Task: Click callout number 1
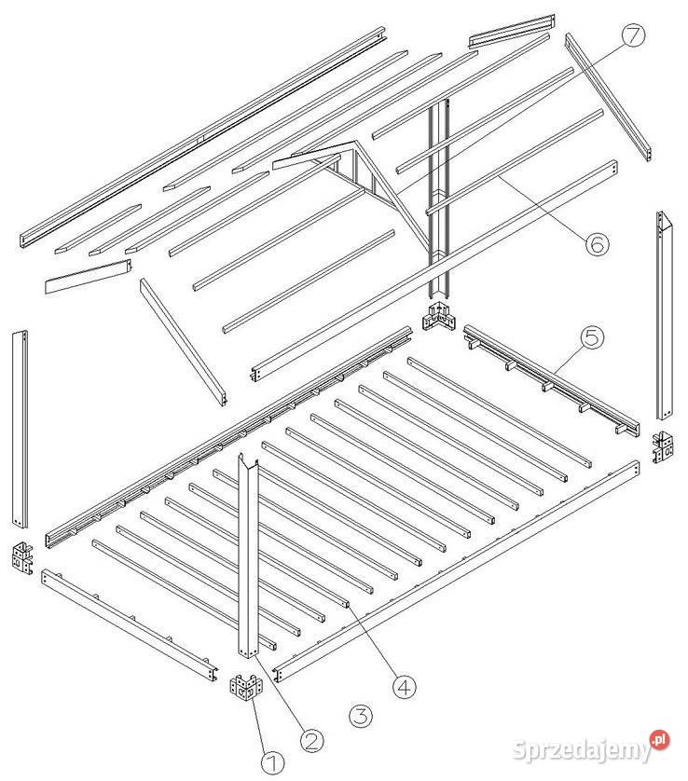(x=272, y=762)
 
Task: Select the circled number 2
(x=312, y=741)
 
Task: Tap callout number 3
(x=360, y=717)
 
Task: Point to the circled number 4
(x=404, y=687)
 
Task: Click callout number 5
(x=592, y=337)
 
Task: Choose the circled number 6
(x=597, y=243)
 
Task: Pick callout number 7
(x=633, y=34)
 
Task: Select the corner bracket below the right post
(x=663, y=446)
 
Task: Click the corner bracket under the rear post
(x=439, y=317)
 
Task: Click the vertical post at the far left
(x=20, y=429)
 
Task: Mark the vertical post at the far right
(x=665, y=316)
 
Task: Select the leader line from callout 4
(x=373, y=641)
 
